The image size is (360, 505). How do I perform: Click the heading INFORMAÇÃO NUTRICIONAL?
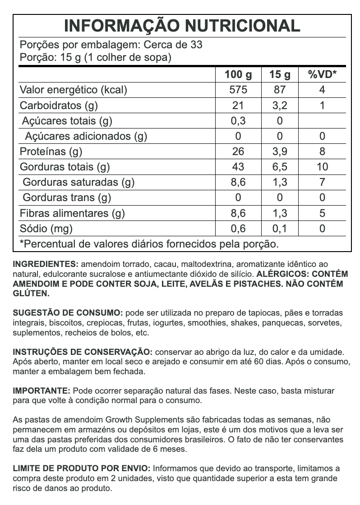pos(182,26)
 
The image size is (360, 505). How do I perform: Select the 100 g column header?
pos(238,74)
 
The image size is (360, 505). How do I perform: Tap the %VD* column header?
pos(322,74)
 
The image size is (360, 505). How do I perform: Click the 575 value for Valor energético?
pos(238,90)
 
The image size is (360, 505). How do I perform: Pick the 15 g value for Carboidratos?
pos(280,106)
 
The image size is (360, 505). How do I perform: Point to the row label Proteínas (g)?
pos(51,151)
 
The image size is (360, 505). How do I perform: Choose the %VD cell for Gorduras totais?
pos(322,167)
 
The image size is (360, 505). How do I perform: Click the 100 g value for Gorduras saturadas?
pos(238,182)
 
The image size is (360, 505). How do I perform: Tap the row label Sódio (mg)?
pos(46,229)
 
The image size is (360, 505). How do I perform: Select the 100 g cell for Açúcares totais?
pos(238,121)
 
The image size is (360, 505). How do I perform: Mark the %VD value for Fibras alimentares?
pos(322,213)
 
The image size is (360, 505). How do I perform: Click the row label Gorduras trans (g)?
pos(67,197)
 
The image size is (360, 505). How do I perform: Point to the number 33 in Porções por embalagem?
pos(196,45)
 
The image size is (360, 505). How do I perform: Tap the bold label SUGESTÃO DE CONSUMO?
pos(68,313)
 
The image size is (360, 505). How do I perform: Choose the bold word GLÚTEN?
pos(31,294)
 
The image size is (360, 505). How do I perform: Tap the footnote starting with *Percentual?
pos(149,244)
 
